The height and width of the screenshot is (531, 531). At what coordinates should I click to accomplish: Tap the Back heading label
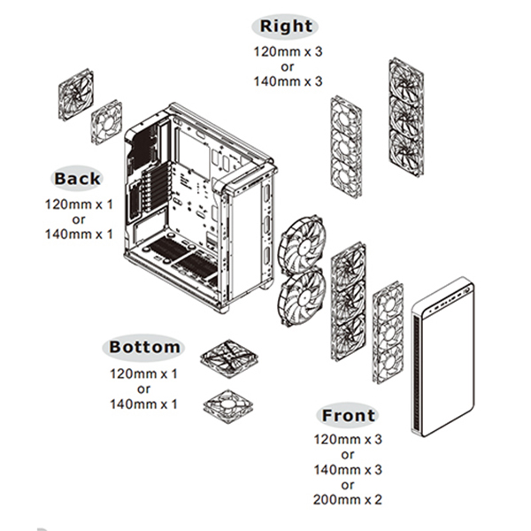pos(77,177)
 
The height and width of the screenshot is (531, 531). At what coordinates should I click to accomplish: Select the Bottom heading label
pos(144,347)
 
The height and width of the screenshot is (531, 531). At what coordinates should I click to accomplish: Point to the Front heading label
pos(349,415)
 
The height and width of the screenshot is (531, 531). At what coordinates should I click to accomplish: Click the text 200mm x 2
pos(349,499)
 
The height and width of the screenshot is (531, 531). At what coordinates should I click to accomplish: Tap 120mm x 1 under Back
pos(79,204)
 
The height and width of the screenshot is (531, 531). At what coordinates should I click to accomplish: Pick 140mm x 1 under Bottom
pos(143,404)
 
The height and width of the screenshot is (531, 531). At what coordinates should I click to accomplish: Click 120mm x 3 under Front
pos(349,439)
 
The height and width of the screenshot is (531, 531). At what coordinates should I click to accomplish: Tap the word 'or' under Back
pos(79,219)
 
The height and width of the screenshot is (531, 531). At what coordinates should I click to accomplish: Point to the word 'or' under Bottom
pos(143,389)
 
